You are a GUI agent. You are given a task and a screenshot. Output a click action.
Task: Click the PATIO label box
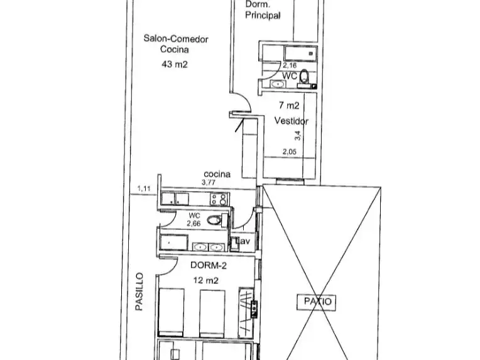coord(316,302)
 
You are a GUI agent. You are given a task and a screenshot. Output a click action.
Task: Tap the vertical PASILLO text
coord(139,292)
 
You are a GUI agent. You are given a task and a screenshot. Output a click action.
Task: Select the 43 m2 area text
coord(175,64)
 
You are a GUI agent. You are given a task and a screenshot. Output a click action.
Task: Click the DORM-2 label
coord(209,265)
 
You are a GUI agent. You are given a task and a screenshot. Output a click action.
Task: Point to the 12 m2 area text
coord(205,280)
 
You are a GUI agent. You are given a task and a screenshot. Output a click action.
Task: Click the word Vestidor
coord(291,121)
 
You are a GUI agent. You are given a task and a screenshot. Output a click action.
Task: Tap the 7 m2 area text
coord(289,106)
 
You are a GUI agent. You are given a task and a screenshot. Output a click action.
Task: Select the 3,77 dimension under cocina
coord(209,182)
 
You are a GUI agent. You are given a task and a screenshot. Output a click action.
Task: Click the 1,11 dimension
coord(144,188)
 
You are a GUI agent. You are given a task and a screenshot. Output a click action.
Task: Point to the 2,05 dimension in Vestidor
coord(290,152)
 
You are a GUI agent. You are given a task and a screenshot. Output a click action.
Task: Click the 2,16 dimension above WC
coord(290,65)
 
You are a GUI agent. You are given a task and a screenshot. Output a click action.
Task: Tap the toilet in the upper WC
coord(304,76)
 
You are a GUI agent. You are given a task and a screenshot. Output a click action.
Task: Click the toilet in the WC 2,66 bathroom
coord(214,220)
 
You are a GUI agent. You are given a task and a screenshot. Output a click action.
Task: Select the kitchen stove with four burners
coord(219,199)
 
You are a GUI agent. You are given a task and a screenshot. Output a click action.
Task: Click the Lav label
coord(243,241)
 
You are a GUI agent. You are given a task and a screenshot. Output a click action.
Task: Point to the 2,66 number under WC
coord(194,224)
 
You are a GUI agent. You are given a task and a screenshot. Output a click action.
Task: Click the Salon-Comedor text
coord(176,39)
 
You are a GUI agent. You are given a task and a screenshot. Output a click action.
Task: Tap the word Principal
coord(263,15)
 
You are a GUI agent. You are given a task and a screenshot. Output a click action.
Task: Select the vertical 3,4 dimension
coord(298,136)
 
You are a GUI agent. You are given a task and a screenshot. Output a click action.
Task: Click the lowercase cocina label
coord(217,174)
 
